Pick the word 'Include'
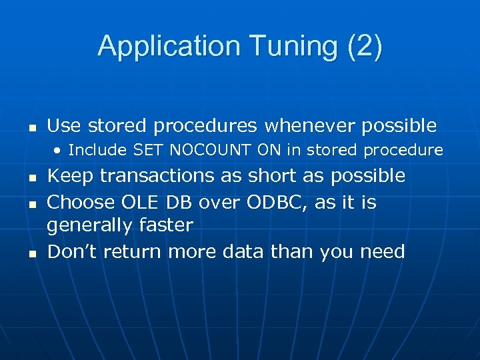click(x=99, y=150)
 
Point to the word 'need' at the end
click(x=382, y=252)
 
